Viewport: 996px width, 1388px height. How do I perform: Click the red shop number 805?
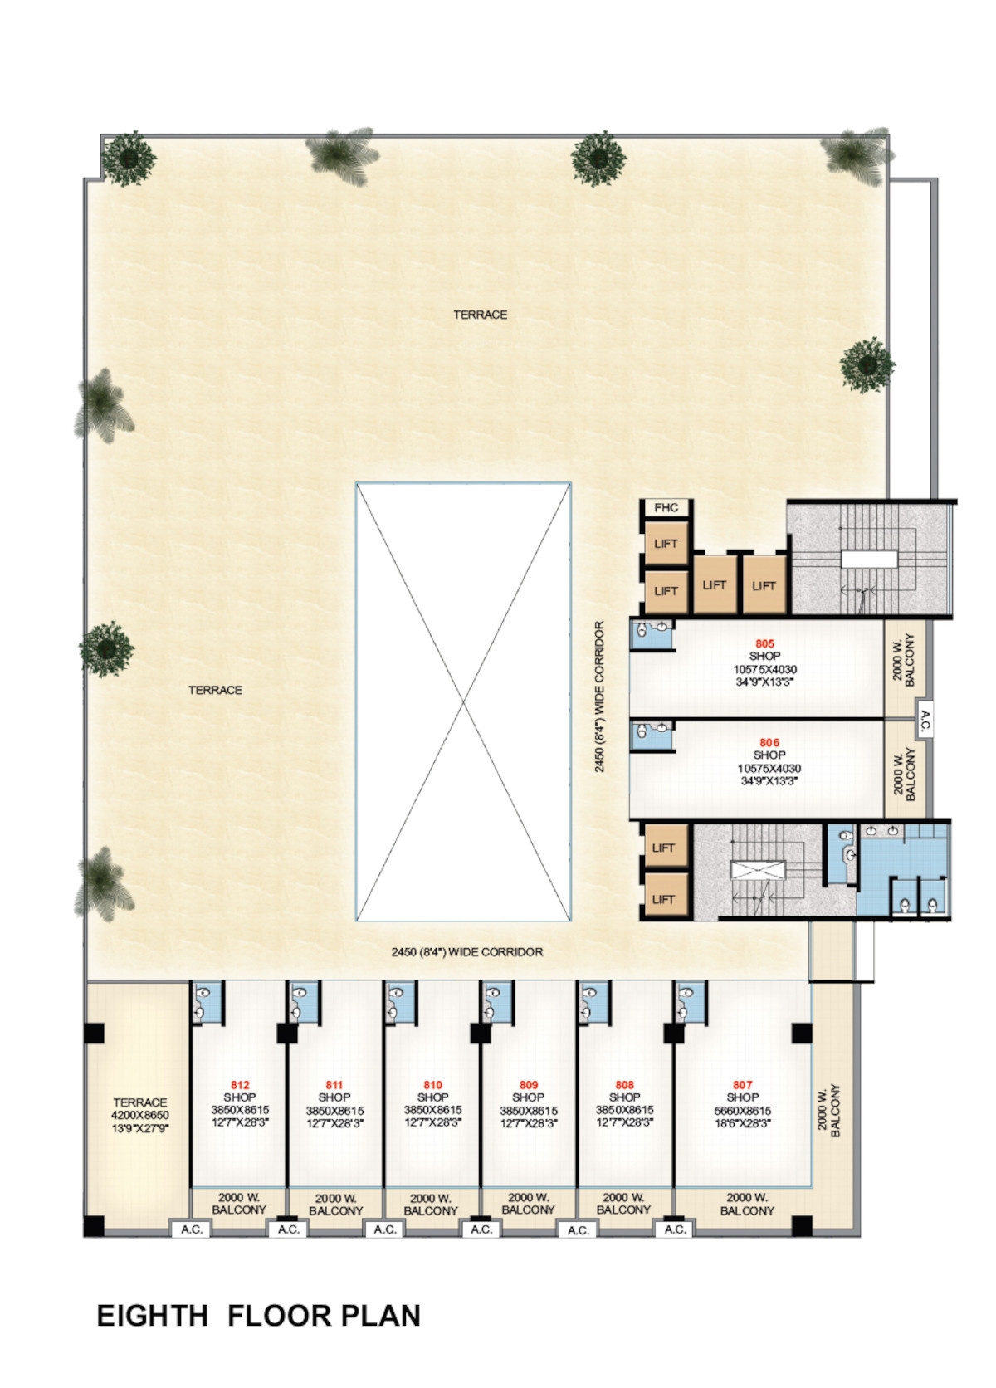(764, 644)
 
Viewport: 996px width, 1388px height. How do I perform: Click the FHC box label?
(666, 507)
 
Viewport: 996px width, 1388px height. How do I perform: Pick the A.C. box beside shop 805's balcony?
(925, 721)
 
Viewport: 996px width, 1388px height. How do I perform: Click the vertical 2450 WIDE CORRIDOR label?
(599, 696)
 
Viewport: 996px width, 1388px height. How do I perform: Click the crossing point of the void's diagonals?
(463, 701)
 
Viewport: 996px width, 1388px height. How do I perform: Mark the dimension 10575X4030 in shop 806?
(769, 769)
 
